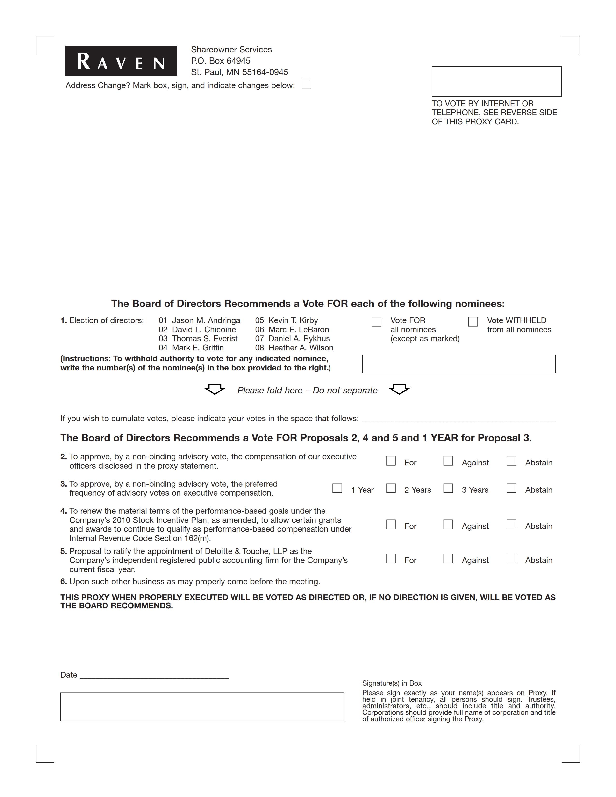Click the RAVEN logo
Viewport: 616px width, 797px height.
pyautogui.click(x=121, y=61)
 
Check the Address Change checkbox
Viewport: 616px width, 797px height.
pyautogui.click(x=307, y=84)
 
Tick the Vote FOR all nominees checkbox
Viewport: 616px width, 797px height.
pyautogui.click(x=376, y=321)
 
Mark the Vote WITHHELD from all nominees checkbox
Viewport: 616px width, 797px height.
pyautogui.click(x=473, y=321)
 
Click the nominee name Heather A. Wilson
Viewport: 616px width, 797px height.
pyautogui.click(x=301, y=348)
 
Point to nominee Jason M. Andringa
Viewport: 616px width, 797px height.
pyautogui.click(x=206, y=320)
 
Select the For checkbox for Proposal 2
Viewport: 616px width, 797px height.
pyautogui.click(x=391, y=461)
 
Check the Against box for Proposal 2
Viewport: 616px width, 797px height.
pyautogui.click(x=448, y=461)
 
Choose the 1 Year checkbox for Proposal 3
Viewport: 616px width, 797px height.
pyautogui.click(x=337, y=488)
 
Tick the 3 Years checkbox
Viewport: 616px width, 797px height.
pyautogui.click(x=448, y=488)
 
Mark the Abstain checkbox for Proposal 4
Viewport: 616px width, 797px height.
pyautogui.click(x=512, y=524)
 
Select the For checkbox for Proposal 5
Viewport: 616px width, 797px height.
pyautogui.click(x=391, y=559)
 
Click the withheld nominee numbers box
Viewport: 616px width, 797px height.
pyautogui.click(x=459, y=364)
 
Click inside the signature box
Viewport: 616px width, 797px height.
pyautogui.click(x=202, y=707)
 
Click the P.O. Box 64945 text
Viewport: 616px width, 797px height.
pyautogui.click(x=221, y=61)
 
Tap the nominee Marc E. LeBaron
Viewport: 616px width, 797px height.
pyautogui.click(x=299, y=329)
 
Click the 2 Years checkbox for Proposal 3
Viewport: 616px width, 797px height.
pyautogui.click(x=391, y=488)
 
